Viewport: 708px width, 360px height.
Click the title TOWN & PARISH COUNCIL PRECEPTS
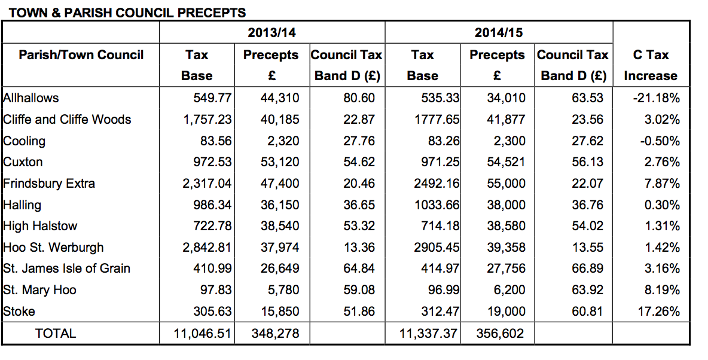[x=127, y=13]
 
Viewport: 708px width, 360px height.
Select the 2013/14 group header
[x=272, y=32]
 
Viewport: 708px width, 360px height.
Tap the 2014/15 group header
[x=499, y=32]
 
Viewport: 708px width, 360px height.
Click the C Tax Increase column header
[x=651, y=65]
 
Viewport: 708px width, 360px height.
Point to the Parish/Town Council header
[x=81, y=55]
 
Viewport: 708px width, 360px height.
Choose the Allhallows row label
[x=30, y=98]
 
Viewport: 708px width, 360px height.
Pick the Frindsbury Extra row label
[x=49, y=184]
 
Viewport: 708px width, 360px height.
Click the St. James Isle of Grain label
[x=66, y=269]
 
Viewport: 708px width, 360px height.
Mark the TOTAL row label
[x=56, y=333]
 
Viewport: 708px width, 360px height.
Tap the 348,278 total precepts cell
[x=275, y=333]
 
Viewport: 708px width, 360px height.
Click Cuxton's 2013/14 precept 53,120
[x=279, y=161]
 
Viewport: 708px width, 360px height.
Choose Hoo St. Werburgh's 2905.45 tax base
[x=437, y=248]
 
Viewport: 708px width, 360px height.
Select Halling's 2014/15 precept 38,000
[x=506, y=205]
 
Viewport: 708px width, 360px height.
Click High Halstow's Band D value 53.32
[x=359, y=226]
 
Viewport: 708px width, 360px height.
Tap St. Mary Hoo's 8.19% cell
[x=662, y=289]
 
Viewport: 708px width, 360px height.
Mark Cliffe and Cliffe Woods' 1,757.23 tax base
[x=207, y=120]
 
